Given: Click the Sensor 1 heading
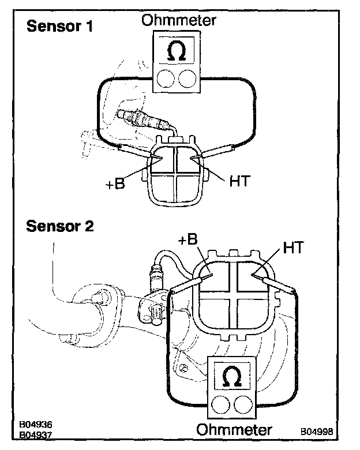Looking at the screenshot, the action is click(x=60, y=26).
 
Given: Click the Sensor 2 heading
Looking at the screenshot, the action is click(x=60, y=226).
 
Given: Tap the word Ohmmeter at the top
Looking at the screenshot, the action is click(x=179, y=20).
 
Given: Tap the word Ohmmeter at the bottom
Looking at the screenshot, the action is click(x=234, y=430).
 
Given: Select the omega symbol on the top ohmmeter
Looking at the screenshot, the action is click(x=177, y=51).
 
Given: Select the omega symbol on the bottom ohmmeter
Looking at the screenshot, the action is click(x=232, y=377).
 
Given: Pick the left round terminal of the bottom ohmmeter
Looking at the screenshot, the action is click(x=221, y=404).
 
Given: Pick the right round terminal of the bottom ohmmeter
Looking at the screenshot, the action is click(x=243, y=404).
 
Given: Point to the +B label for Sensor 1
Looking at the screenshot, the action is click(x=115, y=183).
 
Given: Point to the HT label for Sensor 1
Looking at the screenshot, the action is click(x=240, y=181).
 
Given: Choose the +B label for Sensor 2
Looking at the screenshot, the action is click(x=188, y=239).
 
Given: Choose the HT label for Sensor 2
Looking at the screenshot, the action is click(x=294, y=247).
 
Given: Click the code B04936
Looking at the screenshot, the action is click(x=36, y=425).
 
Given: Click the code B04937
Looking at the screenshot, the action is click(x=36, y=435).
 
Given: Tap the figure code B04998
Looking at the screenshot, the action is click(x=317, y=432).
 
